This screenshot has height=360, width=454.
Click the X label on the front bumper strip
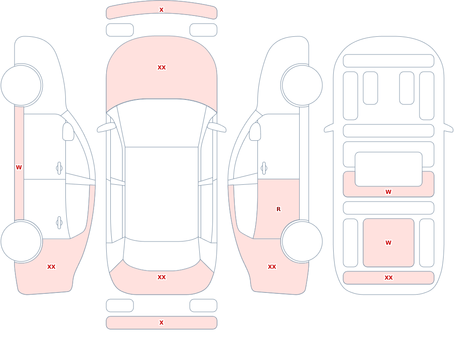[161, 10]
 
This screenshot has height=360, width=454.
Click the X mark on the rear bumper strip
[161, 323]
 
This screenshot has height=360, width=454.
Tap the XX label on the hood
[162, 68]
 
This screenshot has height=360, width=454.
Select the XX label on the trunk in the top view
[162, 277]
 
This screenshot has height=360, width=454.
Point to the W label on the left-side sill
[19, 168]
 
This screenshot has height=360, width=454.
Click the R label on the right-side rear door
[279, 209]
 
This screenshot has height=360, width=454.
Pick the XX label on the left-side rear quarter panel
[51, 267]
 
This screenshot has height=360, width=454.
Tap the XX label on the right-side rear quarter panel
[272, 267]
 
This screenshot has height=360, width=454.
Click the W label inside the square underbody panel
[388, 243]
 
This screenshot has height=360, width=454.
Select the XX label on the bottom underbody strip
[389, 278]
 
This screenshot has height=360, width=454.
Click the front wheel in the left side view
[21, 85]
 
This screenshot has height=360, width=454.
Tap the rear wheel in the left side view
[21, 241]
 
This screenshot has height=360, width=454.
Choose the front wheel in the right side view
[302, 85]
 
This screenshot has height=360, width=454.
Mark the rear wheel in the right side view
[302, 241]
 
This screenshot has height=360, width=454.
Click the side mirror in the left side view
[68, 132]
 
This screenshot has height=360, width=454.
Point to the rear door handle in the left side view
[59, 223]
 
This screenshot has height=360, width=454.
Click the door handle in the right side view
[264, 168]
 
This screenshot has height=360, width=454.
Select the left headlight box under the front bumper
[120, 30]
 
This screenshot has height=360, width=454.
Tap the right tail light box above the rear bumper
[203, 306]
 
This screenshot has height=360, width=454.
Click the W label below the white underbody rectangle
[388, 192]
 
